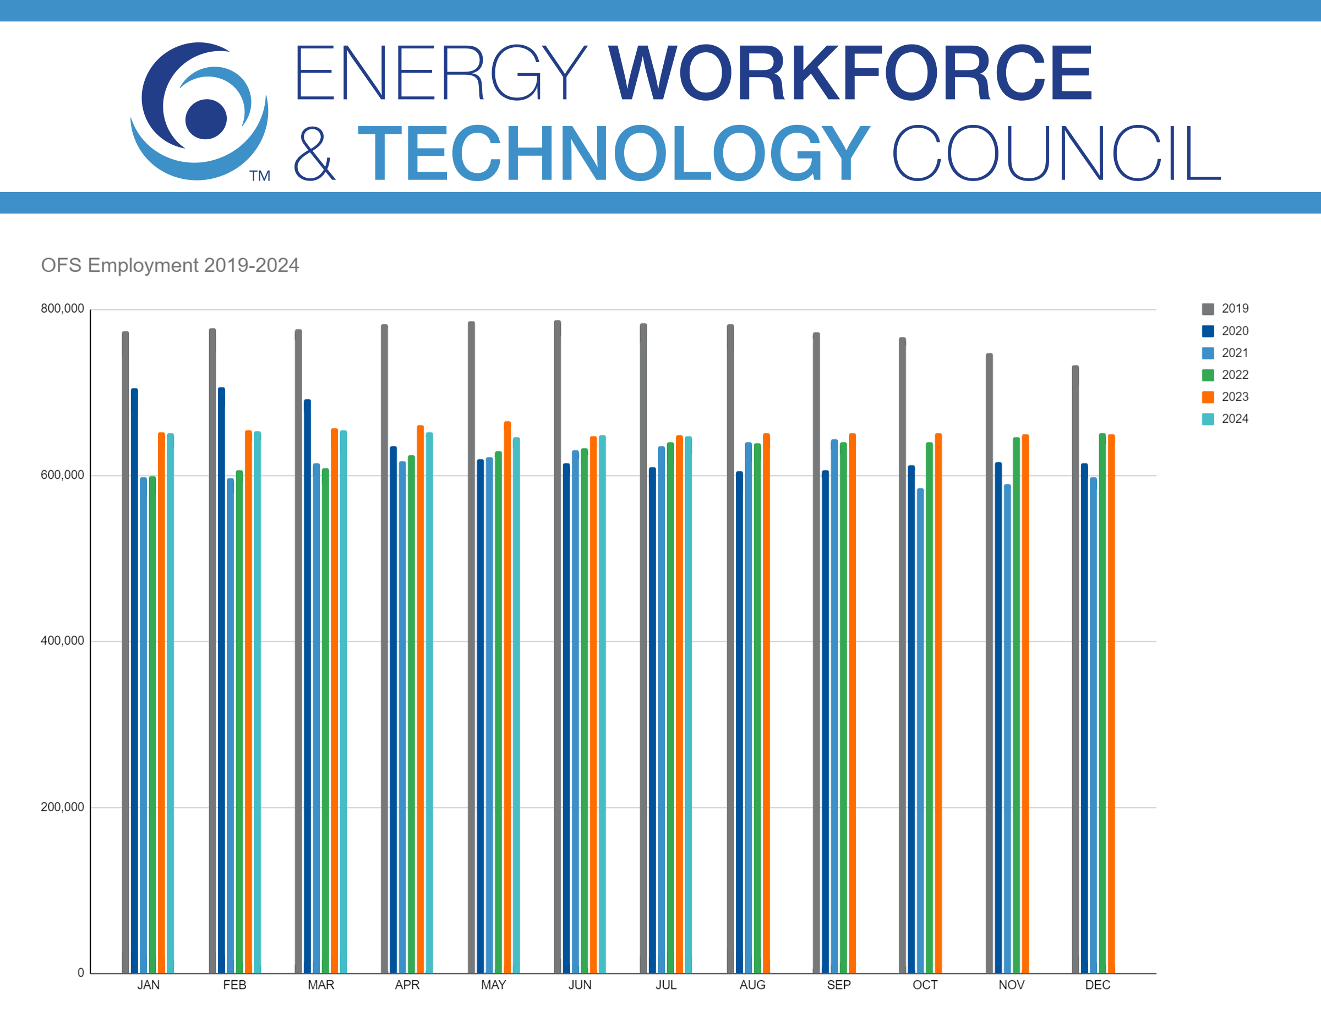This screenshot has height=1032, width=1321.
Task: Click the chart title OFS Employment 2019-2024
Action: coord(170,265)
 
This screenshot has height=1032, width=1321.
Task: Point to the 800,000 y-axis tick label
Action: coord(62,309)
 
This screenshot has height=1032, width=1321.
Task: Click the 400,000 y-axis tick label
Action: coord(62,641)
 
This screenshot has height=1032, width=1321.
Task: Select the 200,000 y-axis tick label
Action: coord(62,807)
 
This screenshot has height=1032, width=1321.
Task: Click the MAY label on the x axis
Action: coord(494,985)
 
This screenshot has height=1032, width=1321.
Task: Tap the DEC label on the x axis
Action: coord(1098,985)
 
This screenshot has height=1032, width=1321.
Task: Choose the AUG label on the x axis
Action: coord(752,985)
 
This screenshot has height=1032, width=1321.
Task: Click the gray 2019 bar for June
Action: coord(558,647)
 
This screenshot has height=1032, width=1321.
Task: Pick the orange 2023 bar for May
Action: coord(507,696)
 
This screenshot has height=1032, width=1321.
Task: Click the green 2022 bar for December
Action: coord(1102,702)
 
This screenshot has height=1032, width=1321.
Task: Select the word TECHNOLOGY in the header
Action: coord(614,154)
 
